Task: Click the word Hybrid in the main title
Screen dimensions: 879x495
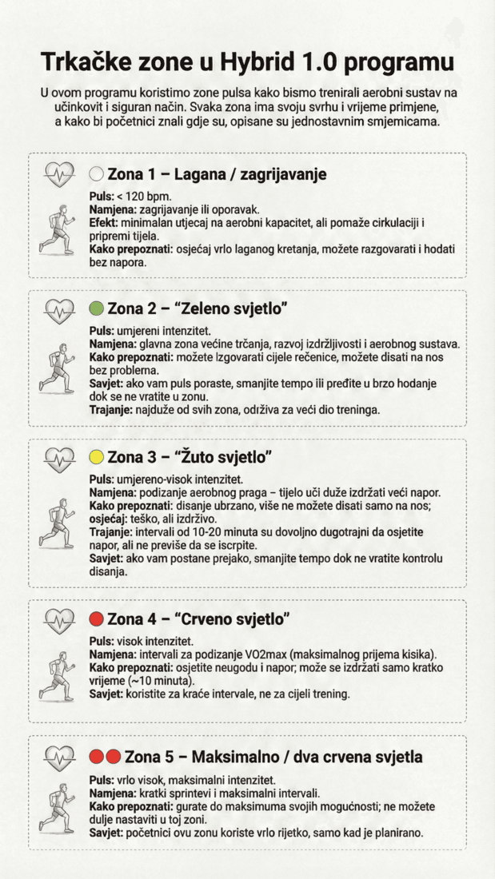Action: point(256,62)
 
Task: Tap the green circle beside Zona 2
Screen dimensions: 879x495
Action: point(96,308)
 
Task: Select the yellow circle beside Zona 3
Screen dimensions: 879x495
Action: point(96,457)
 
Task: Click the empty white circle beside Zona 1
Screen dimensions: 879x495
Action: point(96,174)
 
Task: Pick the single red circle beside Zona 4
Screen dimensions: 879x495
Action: point(96,618)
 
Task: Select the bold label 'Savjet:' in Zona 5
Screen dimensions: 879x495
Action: point(106,833)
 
